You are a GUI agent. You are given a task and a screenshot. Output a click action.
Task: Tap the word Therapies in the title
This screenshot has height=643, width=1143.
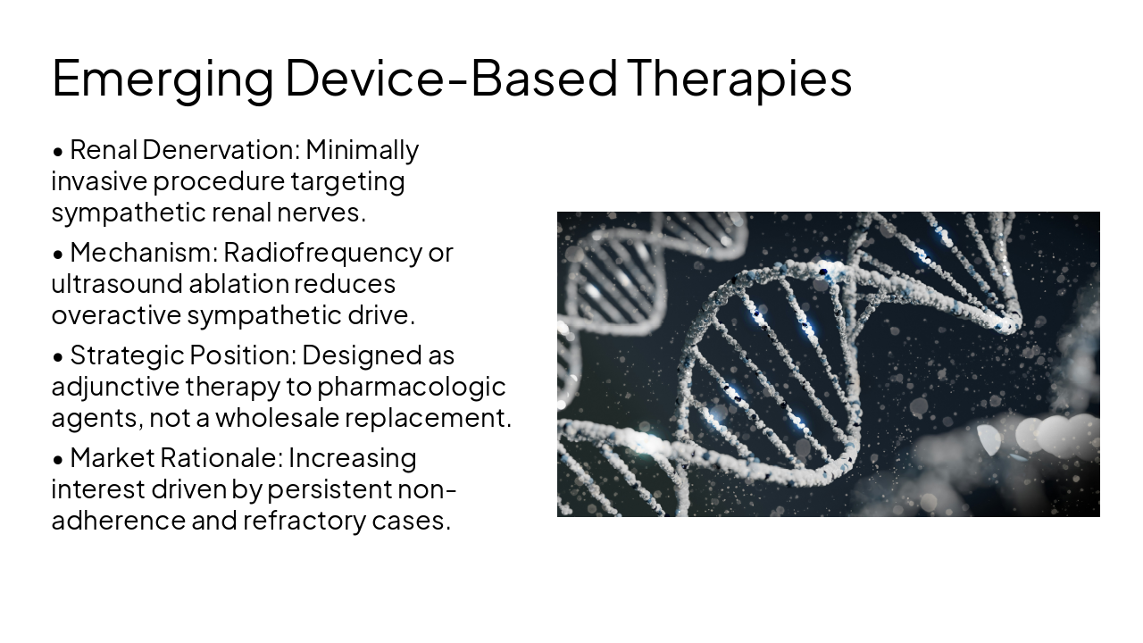738,79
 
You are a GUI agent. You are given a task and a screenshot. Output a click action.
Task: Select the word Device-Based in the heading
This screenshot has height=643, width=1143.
451,79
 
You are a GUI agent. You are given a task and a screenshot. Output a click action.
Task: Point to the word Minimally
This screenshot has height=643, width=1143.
362,150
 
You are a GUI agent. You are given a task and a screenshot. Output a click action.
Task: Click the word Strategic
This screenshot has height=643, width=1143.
126,355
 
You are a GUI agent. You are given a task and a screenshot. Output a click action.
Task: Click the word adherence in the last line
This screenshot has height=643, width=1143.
118,521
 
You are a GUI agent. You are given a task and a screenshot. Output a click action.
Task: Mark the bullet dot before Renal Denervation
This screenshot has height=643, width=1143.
58,152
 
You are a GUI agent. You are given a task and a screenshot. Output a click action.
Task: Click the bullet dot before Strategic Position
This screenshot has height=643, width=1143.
58,357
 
